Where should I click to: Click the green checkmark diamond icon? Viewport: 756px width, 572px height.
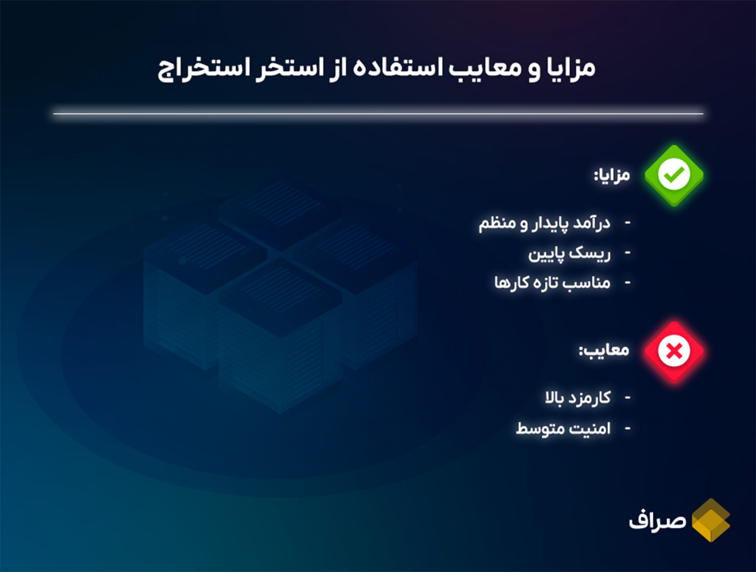point(674,175)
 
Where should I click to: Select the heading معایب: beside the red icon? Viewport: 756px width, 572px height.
point(604,350)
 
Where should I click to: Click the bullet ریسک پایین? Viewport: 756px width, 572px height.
point(569,254)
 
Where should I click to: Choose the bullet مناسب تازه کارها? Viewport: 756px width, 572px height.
point(552,283)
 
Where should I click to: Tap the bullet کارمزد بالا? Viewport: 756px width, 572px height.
point(578,398)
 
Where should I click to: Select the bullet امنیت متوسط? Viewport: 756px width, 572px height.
point(563,428)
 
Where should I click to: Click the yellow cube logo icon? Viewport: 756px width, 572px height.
point(711,520)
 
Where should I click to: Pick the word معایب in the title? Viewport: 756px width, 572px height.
point(485,67)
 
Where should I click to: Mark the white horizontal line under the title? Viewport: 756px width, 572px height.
point(378,113)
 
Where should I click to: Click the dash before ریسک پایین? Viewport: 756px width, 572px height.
point(628,253)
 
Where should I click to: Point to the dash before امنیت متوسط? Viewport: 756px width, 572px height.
point(628,428)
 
